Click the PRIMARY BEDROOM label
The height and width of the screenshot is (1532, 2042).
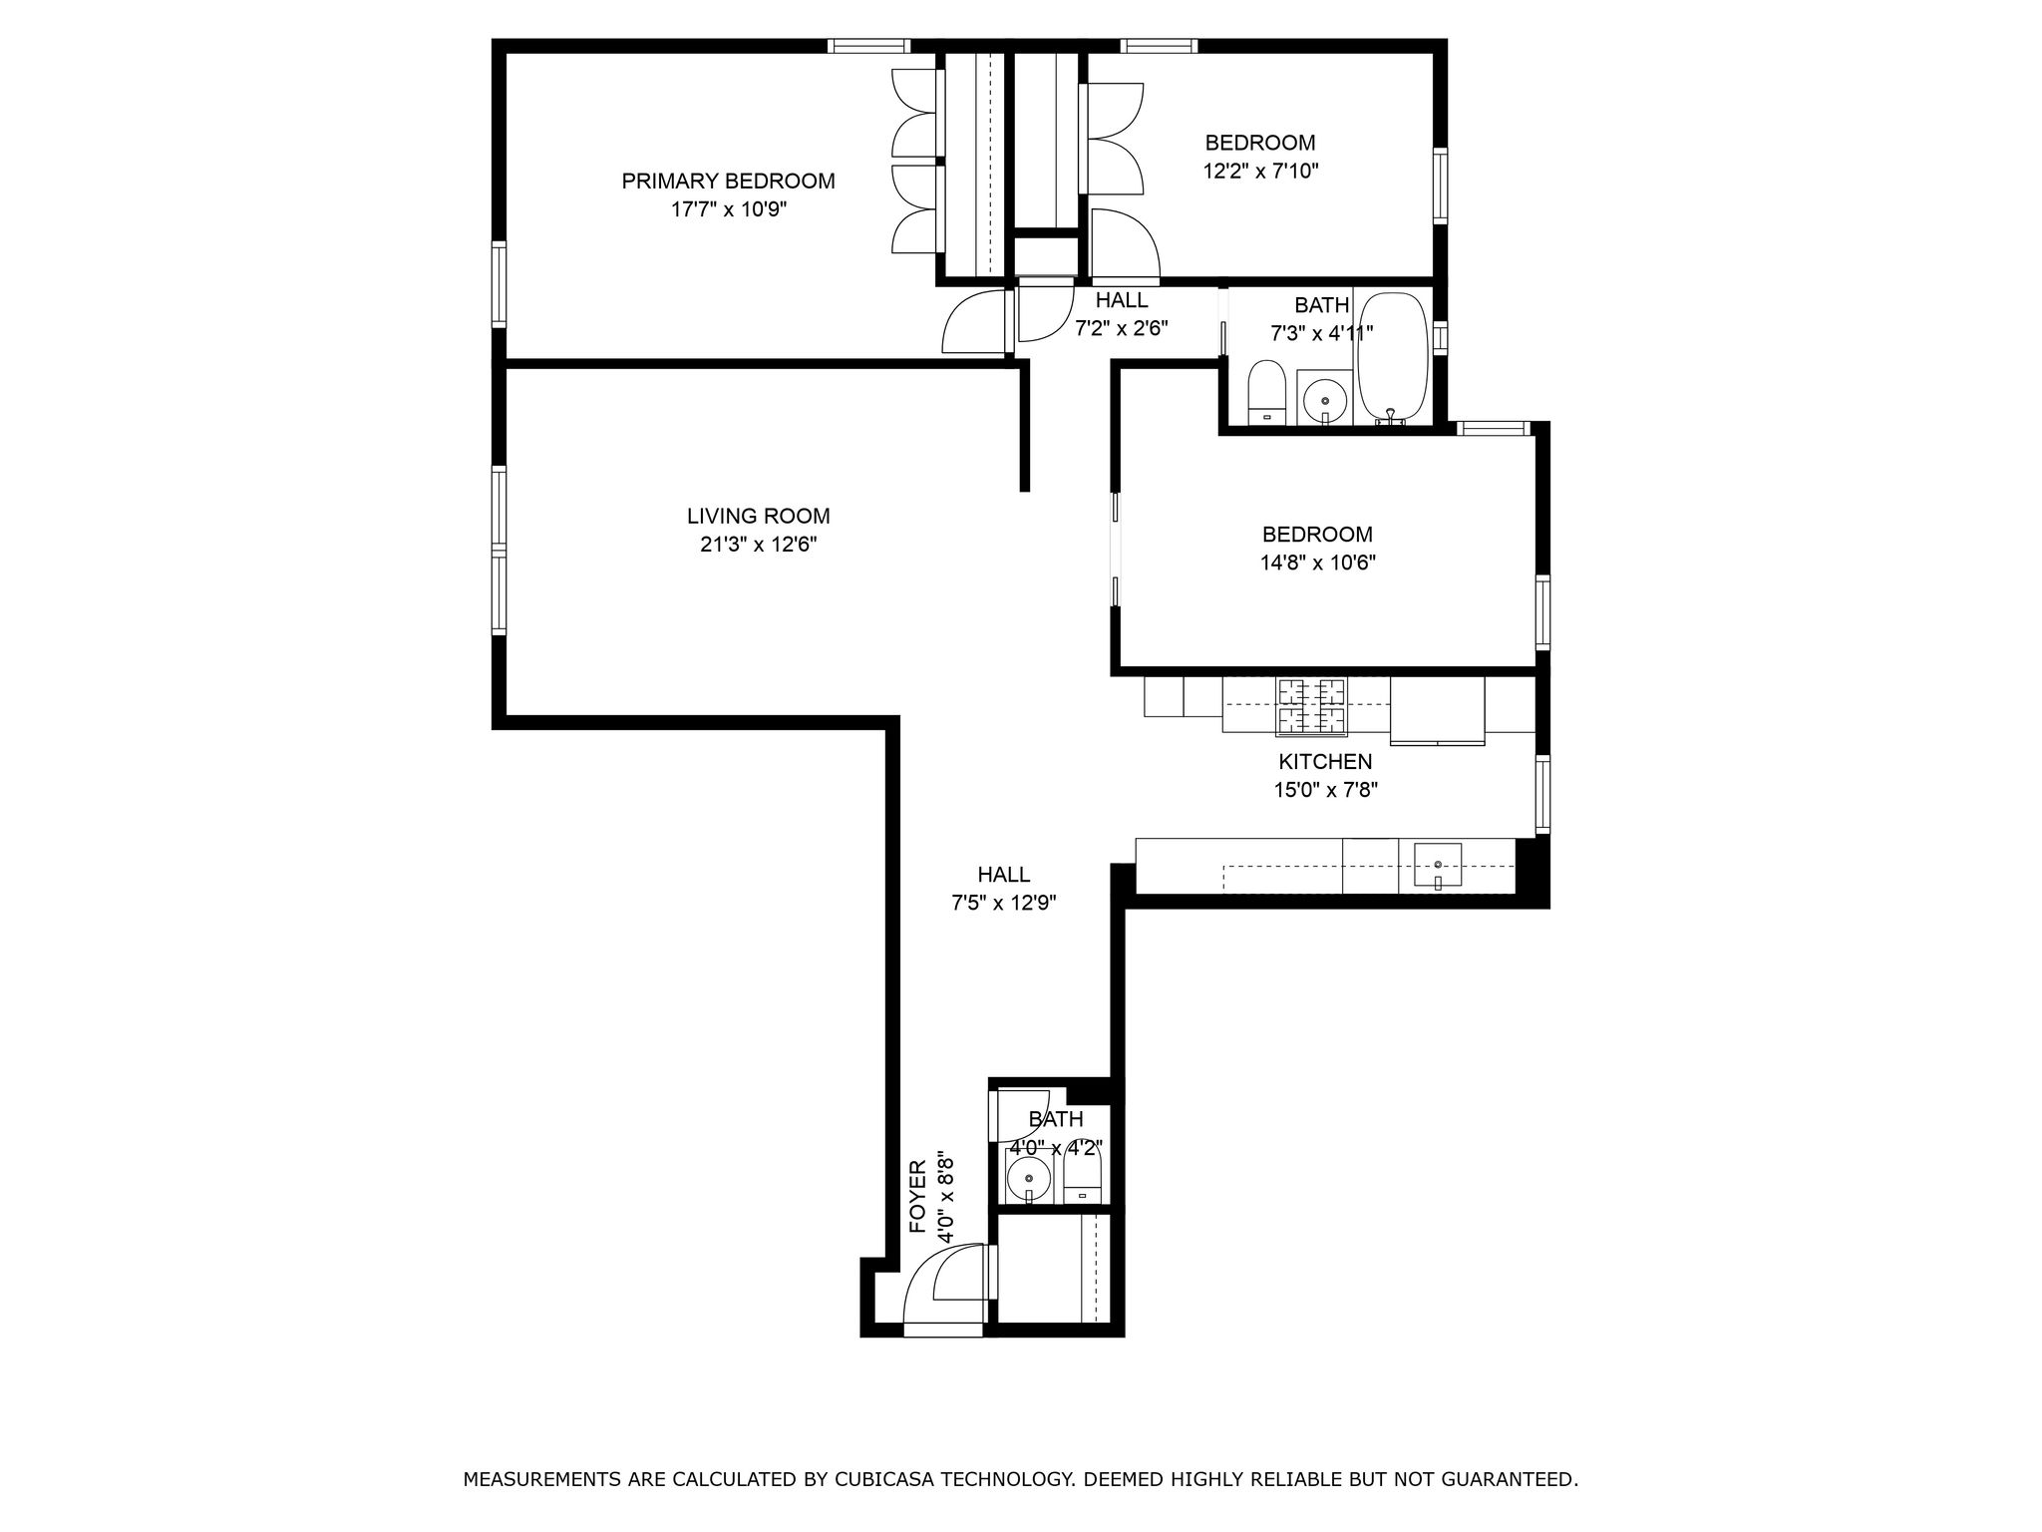pos(728,182)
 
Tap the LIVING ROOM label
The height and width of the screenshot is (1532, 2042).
pos(758,517)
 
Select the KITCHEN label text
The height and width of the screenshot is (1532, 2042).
pos(1325,762)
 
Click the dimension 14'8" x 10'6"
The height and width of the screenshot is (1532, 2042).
pos(1317,563)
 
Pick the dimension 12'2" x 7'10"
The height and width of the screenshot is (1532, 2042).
pos(1260,172)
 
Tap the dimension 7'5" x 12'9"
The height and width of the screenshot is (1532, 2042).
pos(1003,904)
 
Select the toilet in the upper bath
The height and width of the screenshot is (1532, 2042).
pos(1266,392)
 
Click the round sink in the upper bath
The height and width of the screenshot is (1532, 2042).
pos(1324,400)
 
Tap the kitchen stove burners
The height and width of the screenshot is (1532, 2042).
pos(1310,706)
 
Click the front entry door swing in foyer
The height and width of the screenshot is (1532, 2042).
pos(944,1287)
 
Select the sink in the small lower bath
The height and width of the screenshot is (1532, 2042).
pos(1027,1180)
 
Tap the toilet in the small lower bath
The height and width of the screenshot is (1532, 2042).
pos(1082,1178)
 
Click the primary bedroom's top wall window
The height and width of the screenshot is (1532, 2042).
pos(868,45)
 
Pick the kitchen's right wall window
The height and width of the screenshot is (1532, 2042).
pos(1542,794)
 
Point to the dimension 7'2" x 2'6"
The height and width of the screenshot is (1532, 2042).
pos(1121,328)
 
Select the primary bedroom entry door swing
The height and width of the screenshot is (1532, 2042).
pos(974,321)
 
